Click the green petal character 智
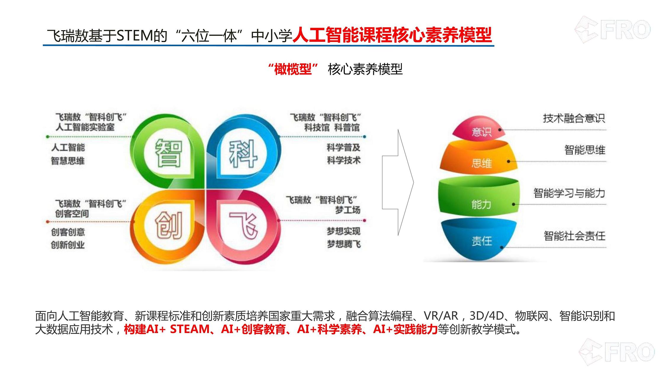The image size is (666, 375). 168,153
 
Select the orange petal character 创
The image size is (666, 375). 169,225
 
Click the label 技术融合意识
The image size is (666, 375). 574,118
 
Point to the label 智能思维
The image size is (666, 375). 585,150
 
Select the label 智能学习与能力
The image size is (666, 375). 569,193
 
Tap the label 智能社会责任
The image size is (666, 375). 575,236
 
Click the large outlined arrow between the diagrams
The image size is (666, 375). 398,182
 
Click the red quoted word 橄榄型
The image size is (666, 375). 293,69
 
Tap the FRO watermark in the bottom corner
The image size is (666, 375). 617,352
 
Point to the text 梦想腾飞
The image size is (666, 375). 344,244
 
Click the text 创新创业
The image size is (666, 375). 68,245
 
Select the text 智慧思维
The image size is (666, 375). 68,161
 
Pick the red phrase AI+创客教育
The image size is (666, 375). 253,329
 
